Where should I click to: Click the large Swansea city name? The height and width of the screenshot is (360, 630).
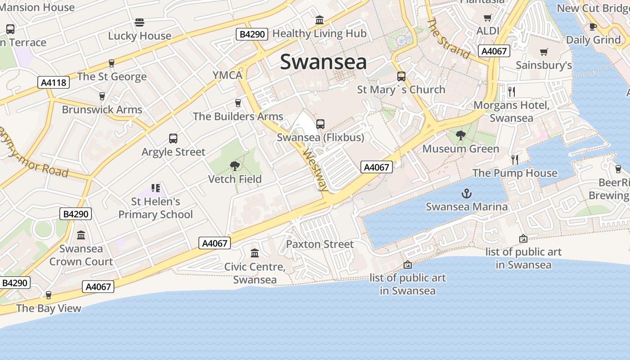pos(323,62)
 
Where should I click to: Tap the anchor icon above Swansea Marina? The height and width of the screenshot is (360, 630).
pos(467,194)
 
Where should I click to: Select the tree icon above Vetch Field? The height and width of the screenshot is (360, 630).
pos(234,166)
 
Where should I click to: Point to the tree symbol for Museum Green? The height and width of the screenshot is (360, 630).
pos(460,135)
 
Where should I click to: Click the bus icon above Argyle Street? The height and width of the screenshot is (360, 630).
pos(173,139)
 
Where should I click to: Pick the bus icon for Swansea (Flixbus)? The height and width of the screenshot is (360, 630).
pos(320,124)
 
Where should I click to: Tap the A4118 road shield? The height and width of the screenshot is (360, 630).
pos(54,82)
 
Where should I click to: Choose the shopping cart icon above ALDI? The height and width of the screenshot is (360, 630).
pos(487,18)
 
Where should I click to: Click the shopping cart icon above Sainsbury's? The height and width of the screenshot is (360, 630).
pos(544,52)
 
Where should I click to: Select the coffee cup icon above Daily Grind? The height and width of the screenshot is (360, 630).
pos(593,27)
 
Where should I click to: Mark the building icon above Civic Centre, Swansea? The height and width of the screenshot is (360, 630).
pos(255,253)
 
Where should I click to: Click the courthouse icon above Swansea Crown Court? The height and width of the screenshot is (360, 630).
pos(81,235)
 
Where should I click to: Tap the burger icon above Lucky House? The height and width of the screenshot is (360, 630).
pos(139,22)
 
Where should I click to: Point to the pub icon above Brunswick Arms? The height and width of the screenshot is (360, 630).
pos(102,96)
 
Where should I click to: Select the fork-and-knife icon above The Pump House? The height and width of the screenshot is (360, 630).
pos(515,159)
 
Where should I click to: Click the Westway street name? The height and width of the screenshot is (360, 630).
pos(315,170)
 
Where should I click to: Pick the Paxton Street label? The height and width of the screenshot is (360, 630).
pos(320,244)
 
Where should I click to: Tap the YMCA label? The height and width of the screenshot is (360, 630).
pos(228,75)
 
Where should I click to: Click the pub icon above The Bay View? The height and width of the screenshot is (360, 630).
pos(49,295)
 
